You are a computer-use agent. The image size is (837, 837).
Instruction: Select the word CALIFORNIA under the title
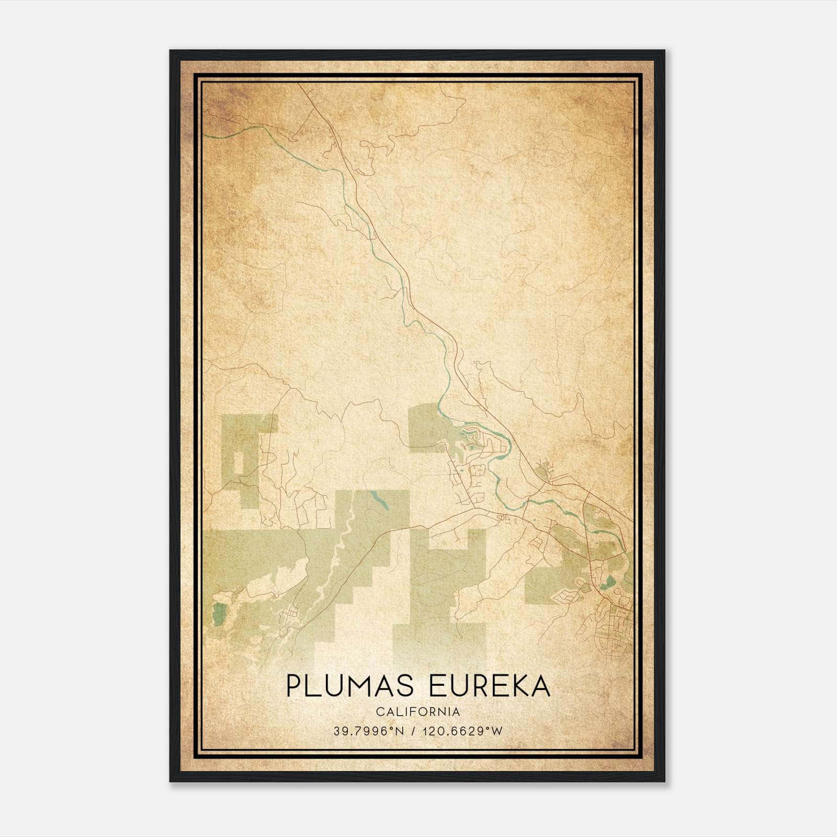pyautogui.click(x=418, y=712)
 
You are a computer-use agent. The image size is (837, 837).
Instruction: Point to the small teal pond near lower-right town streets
pyautogui.click(x=610, y=582)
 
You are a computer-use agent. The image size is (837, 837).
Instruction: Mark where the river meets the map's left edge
pyautogui.click(x=205, y=135)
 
